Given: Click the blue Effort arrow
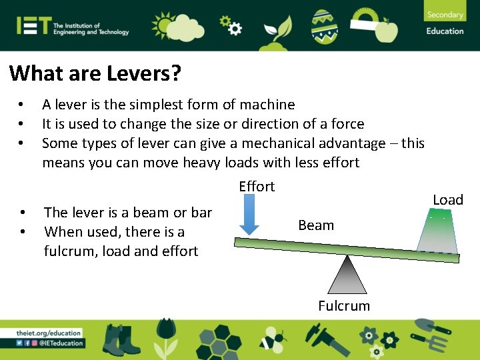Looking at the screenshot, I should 249,217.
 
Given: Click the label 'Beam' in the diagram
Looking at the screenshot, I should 316,225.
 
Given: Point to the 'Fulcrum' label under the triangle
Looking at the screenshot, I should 344,306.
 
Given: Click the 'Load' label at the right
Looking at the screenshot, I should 448,200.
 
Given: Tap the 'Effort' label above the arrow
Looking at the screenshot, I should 257,187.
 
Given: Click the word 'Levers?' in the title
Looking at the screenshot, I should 143,73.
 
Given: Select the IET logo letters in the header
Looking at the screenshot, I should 34,26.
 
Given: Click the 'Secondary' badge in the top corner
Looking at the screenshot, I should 445,15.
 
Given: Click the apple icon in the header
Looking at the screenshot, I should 387,30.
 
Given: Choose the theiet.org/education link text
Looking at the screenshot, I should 49,333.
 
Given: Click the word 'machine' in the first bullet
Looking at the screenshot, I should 267,105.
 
